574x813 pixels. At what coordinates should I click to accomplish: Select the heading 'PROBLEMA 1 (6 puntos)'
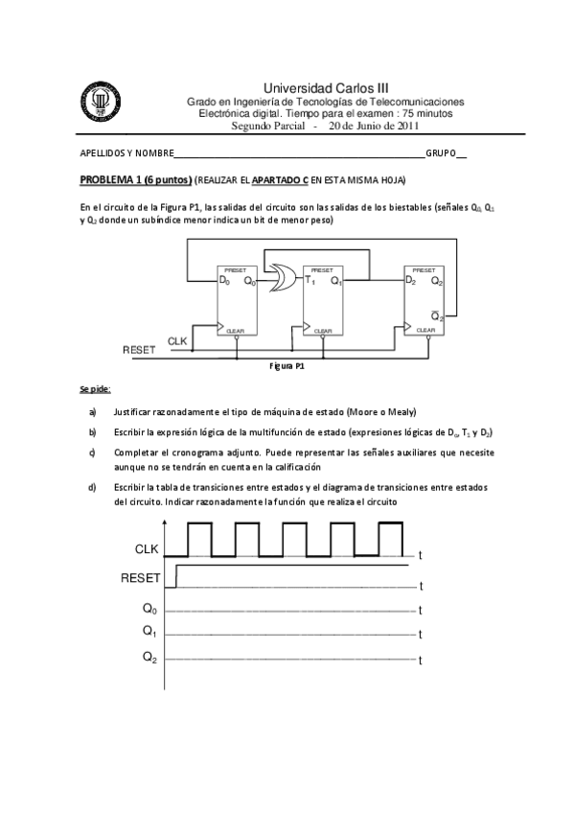point(134,180)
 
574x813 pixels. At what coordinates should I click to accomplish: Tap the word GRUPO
point(441,153)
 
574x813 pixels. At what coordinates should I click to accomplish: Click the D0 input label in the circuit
point(225,281)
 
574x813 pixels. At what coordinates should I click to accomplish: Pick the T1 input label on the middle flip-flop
point(310,281)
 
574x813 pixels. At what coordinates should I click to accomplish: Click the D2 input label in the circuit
point(411,281)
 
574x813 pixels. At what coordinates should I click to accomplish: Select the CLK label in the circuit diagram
point(177,341)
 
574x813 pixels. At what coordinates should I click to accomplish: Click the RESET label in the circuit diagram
point(139,351)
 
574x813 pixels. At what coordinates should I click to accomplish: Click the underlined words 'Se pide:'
point(95,389)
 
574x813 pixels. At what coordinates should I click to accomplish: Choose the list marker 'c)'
point(92,452)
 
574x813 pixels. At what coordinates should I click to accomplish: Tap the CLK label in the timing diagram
point(148,548)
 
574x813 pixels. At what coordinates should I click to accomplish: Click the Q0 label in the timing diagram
point(149,608)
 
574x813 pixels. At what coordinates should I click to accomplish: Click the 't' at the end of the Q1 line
point(422,636)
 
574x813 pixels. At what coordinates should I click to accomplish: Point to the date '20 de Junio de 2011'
point(374,126)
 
